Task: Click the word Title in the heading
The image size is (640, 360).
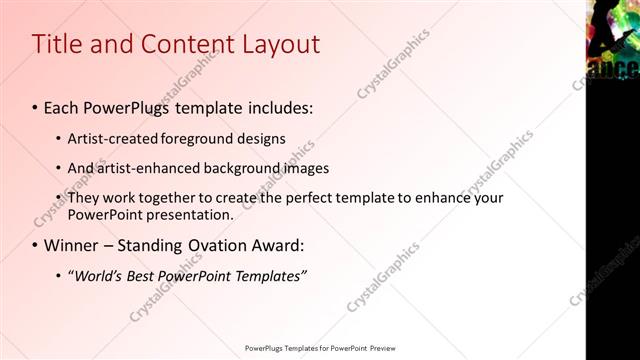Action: click(x=56, y=44)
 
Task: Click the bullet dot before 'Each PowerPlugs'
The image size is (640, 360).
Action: click(x=36, y=106)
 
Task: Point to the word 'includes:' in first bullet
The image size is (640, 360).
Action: click(x=280, y=106)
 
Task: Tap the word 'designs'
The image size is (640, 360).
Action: click(x=261, y=138)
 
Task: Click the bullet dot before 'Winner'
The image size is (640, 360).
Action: click(x=36, y=245)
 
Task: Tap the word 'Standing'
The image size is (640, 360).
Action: click(x=149, y=245)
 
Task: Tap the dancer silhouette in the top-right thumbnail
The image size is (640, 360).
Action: click(x=606, y=30)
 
